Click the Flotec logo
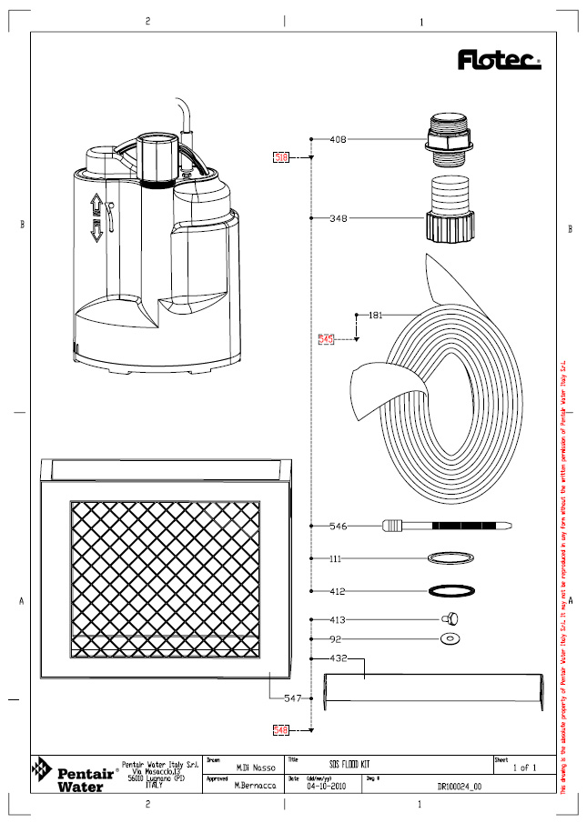pyautogui.click(x=498, y=61)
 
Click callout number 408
pyautogui.click(x=338, y=140)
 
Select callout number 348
pyautogui.click(x=338, y=218)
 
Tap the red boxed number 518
pyautogui.click(x=281, y=157)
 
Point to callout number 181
pyautogui.click(x=376, y=316)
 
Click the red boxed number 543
pyautogui.click(x=327, y=339)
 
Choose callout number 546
pyautogui.click(x=338, y=526)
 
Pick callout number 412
pyautogui.click(x=338, y=591)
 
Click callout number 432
pyautogui.click(x=338, y=657)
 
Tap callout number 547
pyautogui.click(x=293, y=698)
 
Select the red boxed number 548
pyautogui.click(x=281, y=728)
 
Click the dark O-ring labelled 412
pyautogui.click(x=449, y=591)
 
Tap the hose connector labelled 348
pyautogui.click(x=449, y=215)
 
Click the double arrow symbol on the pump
pyautogui.click(x=96, y=217)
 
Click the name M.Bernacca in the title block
pyautogui.click(x=255, y=784)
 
